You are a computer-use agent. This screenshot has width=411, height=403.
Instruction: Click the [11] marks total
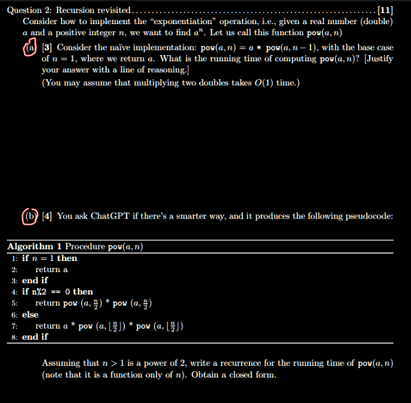point(386,10)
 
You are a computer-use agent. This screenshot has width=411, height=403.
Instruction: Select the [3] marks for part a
point(47,48)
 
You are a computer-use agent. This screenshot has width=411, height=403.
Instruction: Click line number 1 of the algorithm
point(14,258)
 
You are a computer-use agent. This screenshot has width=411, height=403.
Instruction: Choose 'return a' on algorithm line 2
point(52,269)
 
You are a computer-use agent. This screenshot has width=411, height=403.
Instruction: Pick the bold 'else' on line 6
point(30,314)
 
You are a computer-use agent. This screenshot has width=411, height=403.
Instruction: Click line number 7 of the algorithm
point(14,326)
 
